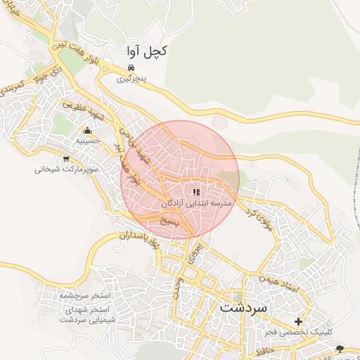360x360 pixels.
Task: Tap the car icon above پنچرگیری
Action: coord(131,67)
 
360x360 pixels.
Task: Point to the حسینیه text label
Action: coord(88,141)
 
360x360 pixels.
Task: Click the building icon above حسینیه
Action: coord(87,130)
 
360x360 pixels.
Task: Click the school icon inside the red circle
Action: coord(196,191)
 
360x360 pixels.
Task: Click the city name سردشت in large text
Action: coord(243,308)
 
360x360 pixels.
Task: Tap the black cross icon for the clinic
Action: coord(298,321)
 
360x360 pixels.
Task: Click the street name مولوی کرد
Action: coord(258,214)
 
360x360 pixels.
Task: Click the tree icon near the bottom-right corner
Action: coord(341,348)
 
